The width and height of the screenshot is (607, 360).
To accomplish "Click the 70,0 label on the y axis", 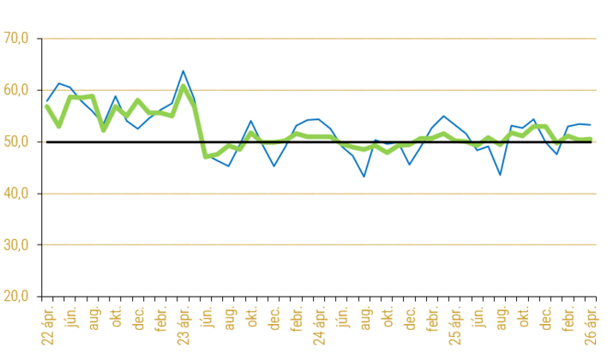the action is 16,38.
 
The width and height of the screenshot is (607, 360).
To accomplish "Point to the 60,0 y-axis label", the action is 16,90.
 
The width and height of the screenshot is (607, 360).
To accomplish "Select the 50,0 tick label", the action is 16,141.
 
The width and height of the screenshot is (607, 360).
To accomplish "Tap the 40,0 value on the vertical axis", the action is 16,193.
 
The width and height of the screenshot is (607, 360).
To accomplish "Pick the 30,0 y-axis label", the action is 16,244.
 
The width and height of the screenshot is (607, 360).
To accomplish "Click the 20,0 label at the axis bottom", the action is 16,296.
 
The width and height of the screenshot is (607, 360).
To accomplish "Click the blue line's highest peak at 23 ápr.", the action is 183,71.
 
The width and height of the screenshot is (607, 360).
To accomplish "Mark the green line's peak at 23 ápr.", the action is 183,86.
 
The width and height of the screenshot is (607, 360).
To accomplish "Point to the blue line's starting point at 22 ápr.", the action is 47,101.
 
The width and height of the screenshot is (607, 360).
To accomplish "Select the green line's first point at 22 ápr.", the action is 47,105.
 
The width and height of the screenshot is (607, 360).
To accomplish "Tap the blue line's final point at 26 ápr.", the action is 591,124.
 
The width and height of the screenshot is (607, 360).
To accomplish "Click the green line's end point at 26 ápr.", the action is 591,139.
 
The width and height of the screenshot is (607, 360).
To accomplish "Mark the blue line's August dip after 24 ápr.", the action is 364,177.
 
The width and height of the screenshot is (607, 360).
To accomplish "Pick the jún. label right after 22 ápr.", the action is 70,317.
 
